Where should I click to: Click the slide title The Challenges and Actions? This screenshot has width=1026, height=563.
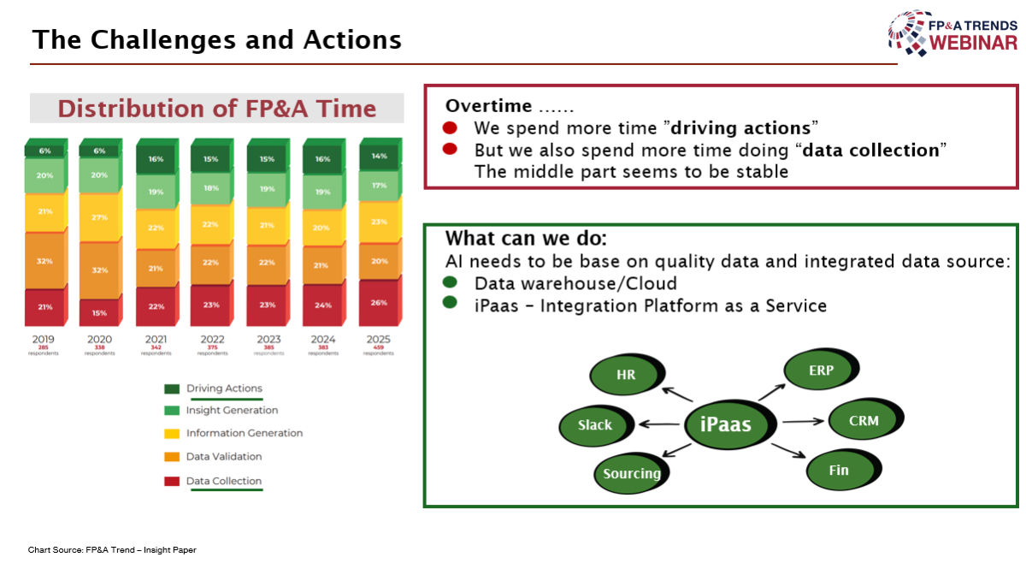[216, 39]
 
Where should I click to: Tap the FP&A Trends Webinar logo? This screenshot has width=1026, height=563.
[953, 33]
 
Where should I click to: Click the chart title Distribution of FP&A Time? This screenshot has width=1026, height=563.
[216, 109]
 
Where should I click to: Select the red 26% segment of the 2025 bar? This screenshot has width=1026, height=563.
[378, 303]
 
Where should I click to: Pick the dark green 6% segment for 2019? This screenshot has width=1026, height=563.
[44, 151]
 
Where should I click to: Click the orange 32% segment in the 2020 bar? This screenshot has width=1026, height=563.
[100, 270]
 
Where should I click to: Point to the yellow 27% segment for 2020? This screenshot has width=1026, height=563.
[100, 217]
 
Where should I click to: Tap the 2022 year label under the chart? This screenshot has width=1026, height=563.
[212, 340]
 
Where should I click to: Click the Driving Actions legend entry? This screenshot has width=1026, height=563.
[224, 388]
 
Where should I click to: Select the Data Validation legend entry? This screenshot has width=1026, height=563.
[224, 457]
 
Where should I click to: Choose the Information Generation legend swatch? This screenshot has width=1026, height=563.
[172, 434]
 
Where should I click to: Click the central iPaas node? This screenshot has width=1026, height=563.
[725, 424]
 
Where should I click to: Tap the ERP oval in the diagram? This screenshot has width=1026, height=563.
[821, 371]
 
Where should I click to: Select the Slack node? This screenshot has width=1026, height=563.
[595, 425]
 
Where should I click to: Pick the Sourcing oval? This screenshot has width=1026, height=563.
[632, 473]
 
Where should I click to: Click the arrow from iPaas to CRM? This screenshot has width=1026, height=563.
[802, 421]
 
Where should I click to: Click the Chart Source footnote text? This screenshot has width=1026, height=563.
[112, 550]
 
